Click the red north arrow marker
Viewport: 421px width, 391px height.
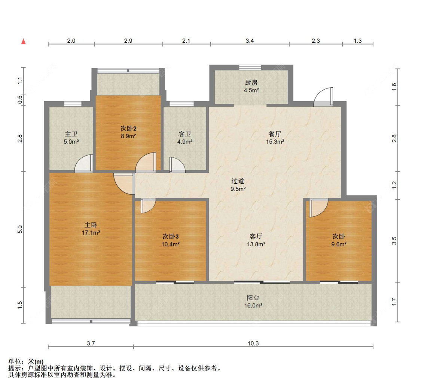tap(23, 41)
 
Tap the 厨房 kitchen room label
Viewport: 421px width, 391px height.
tap(251, 83)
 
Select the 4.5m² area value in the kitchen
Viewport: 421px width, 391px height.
tap(251, 90)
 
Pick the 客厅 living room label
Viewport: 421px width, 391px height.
tap(256, 237)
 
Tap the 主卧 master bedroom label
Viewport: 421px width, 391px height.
tap(91, 225)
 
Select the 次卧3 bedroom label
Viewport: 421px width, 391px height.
tap(171, 237)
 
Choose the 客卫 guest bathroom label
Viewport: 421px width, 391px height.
tap(184, 134)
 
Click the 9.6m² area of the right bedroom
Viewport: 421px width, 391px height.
tap(339, 244)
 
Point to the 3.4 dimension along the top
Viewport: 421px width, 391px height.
tap(250, 41)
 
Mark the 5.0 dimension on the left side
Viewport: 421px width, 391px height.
tap(21, 229)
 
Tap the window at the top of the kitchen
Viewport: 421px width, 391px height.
tap(250, 67)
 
